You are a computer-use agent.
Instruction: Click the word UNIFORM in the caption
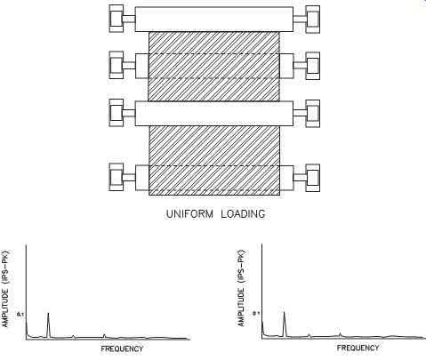tap(189, 214)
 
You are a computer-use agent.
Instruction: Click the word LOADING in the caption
tap(243, 214)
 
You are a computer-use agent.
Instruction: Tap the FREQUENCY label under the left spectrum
tap(122, 348)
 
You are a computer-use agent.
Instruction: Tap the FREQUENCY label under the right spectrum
tap(358, 348)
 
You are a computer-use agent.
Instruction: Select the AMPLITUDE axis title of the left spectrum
tap(5, 289)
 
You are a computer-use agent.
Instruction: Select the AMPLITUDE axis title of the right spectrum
tap(241, 289)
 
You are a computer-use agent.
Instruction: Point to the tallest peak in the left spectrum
tap(48, 313)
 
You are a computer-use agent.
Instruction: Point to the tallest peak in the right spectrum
tap(284, 312)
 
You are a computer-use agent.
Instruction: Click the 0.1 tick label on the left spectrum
tap(20, 314)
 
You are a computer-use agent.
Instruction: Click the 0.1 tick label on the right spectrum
tap(256, 313)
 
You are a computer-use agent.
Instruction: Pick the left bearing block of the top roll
tap(117, 19)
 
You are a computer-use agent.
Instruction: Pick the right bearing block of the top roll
tap(313, 20)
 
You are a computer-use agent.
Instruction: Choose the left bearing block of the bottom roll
tap(117, 177)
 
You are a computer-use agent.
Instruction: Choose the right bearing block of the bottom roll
tap(313, 178)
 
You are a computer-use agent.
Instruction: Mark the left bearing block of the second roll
tap(117, 65)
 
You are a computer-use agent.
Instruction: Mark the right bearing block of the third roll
tap(313, 114)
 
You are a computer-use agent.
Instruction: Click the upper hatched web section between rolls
tap(213, 67)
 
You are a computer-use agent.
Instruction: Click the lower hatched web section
tap(214, 160)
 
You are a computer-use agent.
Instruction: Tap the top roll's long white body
tap(214, 20)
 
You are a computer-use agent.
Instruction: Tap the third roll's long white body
tap(214, 114)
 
